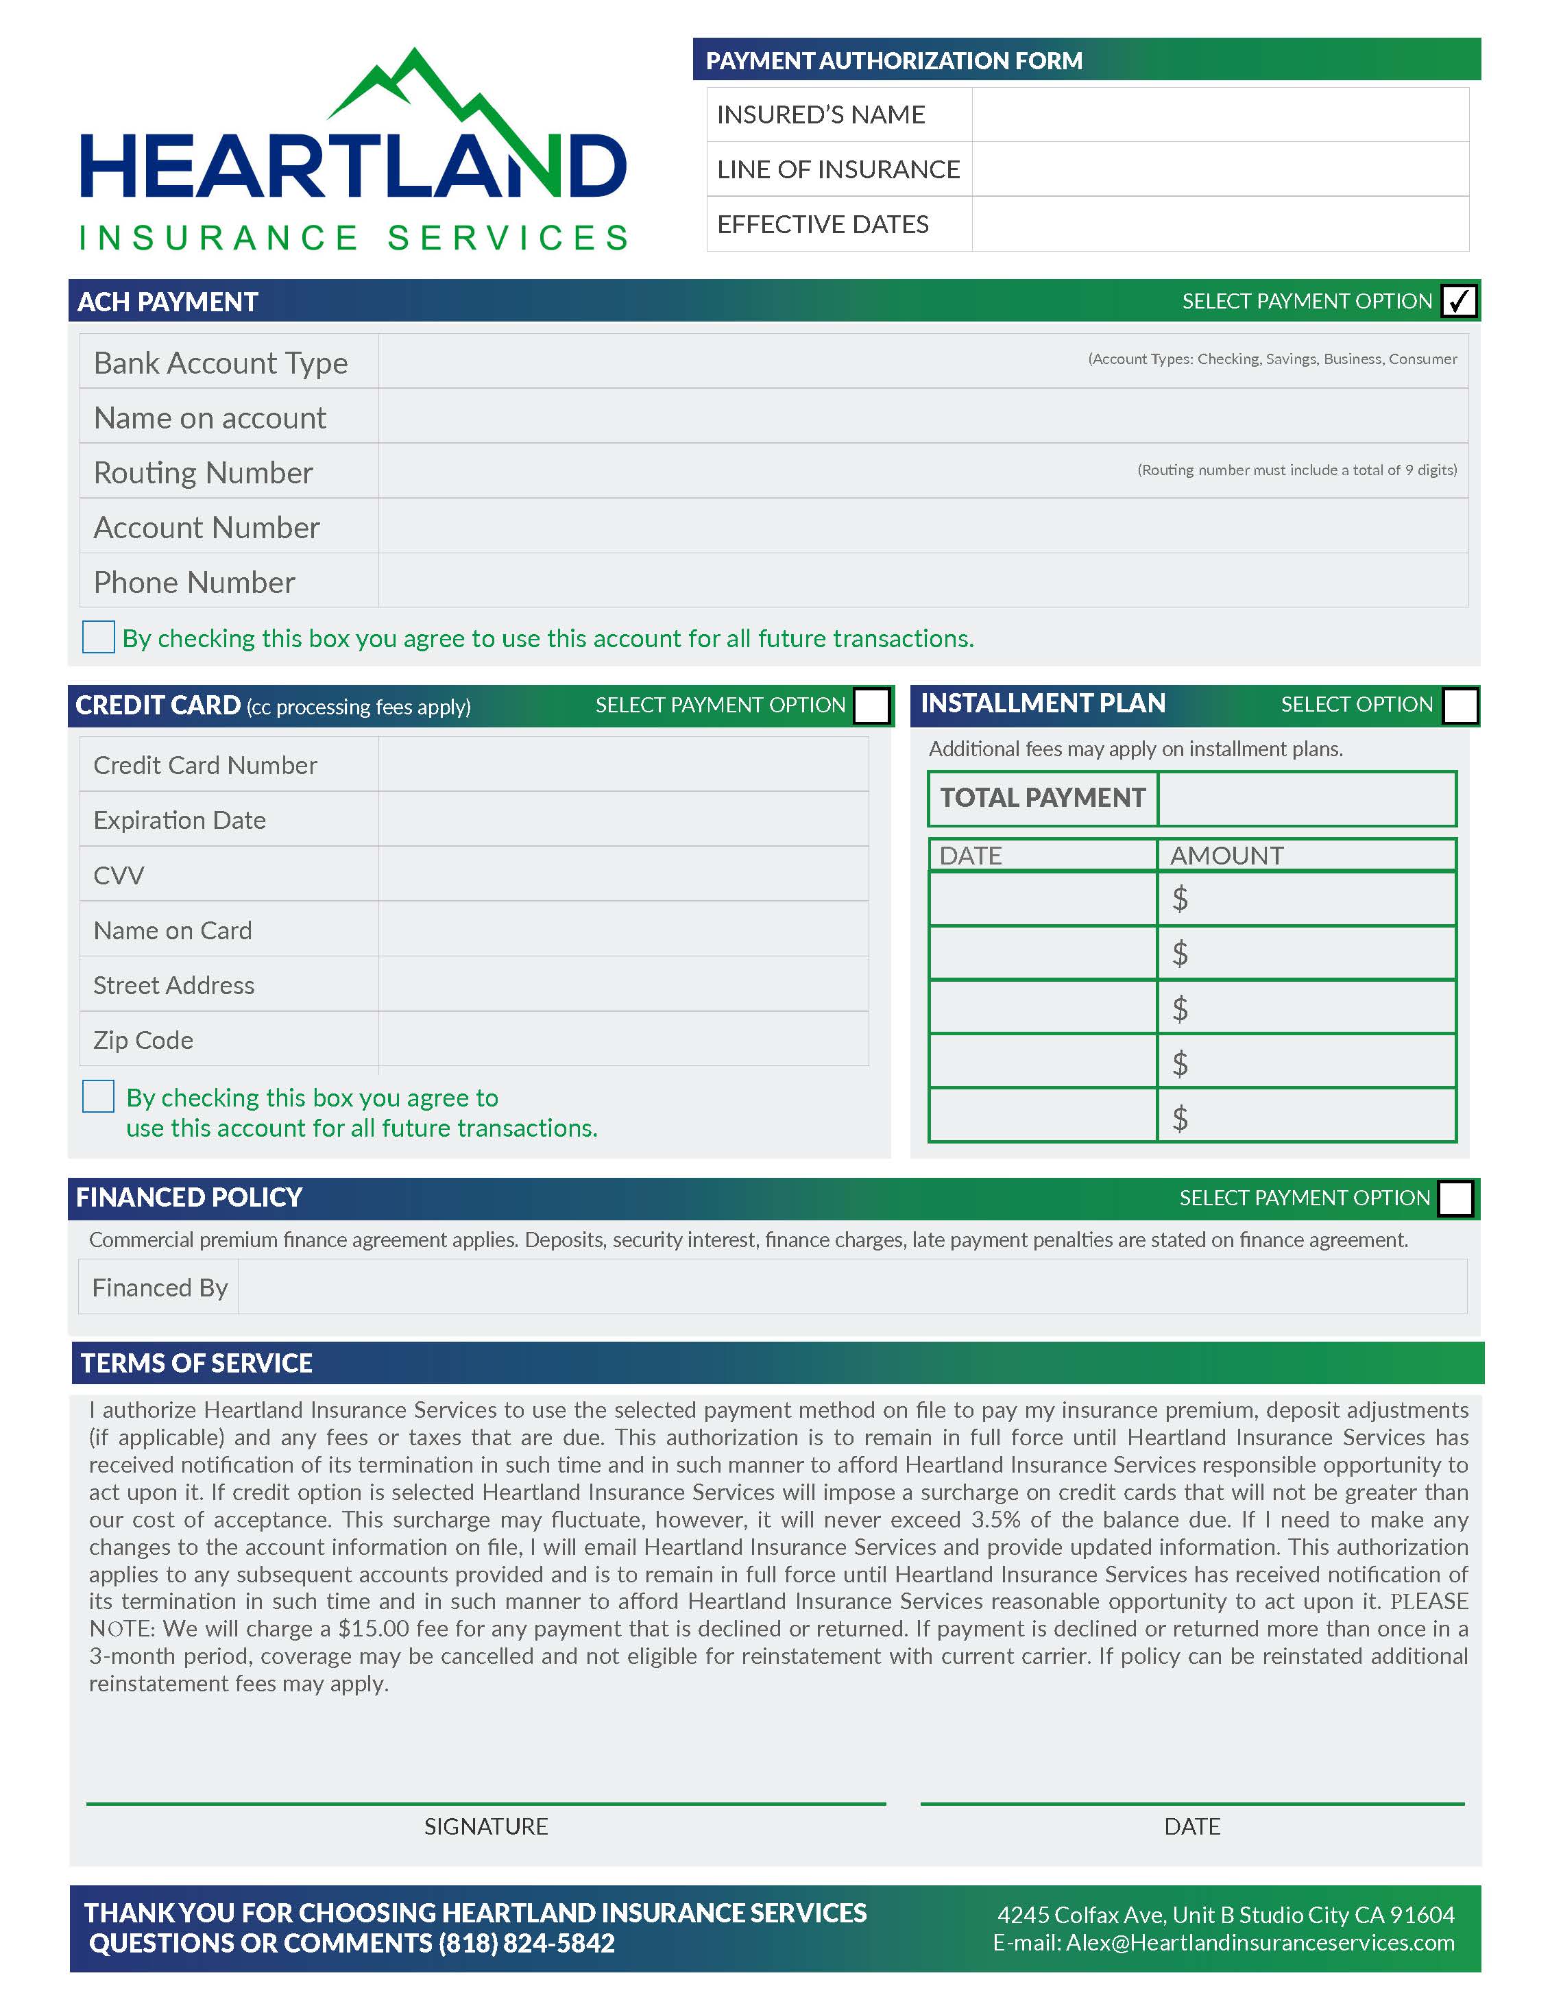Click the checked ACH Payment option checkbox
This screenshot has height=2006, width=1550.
pos(1458,301)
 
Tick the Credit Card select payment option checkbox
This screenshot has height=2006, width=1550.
pos(871,705)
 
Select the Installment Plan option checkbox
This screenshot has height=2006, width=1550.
pos(1460,705)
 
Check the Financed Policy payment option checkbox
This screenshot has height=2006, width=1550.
pos(1455,1198)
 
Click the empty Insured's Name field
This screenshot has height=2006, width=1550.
pos(1220,114)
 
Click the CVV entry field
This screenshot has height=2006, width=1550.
pos(622,874)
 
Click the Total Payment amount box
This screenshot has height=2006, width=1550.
pos(1306,798)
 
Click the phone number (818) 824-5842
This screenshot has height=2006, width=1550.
pos(526,1944)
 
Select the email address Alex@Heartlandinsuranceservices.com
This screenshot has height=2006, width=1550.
pos(1260,1943)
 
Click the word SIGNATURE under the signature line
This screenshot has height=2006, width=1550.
pos(486,1826)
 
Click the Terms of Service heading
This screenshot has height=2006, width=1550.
pos(197,1363)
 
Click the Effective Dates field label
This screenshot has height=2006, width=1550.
pos(823,224)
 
